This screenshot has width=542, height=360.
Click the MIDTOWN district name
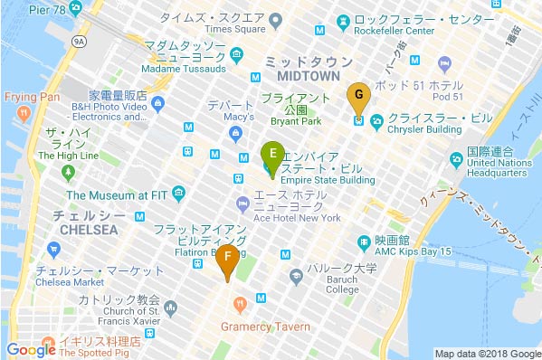click(301, 79)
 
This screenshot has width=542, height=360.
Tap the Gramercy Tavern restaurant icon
click(240, 304)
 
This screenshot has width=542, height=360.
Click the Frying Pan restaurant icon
click(24, 113)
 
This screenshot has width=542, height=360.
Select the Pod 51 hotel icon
click(444, 64)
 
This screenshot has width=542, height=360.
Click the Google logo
click(31, 349)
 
